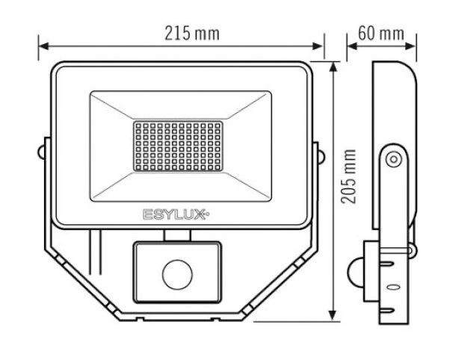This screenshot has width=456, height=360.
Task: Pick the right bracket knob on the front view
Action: click(x=319, y=155)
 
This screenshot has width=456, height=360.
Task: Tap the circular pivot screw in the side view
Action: click(x=392, y=158)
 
